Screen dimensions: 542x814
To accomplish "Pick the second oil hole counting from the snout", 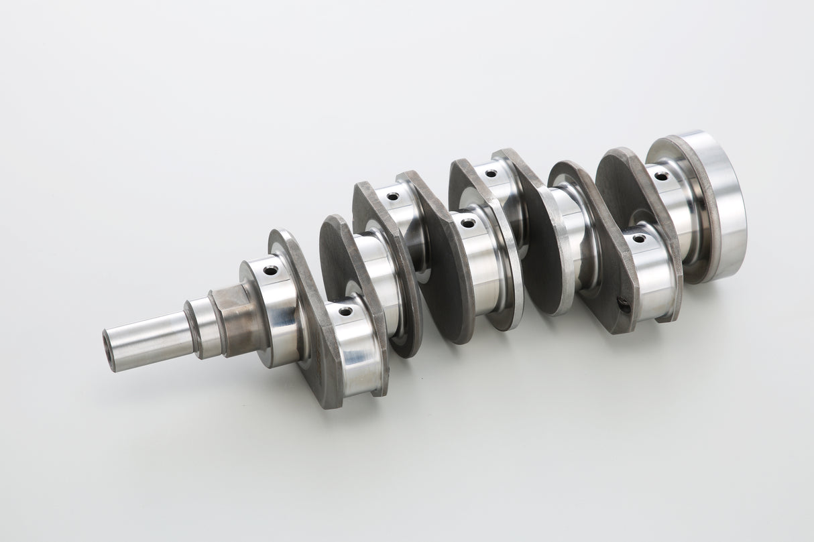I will tap(345, 312).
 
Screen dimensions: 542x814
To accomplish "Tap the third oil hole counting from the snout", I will tap(392, 197).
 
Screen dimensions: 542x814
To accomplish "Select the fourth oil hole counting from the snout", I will tap(468, 222).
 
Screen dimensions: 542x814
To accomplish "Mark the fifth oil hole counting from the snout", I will tap(491, 174).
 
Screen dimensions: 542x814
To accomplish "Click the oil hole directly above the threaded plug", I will tap(639, 239).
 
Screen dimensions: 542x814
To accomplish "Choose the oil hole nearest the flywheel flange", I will tap(661, 176).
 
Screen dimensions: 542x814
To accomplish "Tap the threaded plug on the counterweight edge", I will tap(624, 306).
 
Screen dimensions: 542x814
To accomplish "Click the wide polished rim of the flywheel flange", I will tap(717, 208).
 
